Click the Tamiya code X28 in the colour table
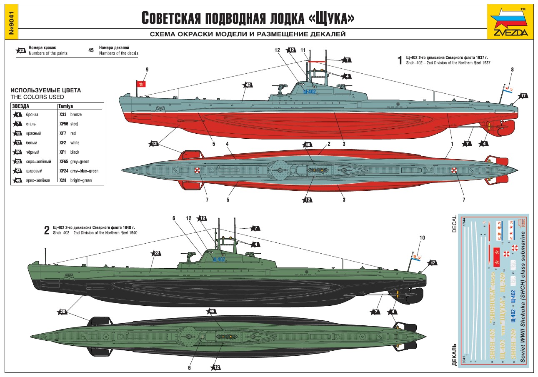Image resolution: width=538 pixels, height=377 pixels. click(x=63, y=180)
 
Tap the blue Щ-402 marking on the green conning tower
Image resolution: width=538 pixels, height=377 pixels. click(x=218, y=259)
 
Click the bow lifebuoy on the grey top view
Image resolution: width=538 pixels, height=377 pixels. click(x=455, y=170)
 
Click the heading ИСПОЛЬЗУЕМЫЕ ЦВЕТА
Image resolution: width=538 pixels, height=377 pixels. click(x=46, y=90)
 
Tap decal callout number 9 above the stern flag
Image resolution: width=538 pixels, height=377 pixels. click(x=146, y=69)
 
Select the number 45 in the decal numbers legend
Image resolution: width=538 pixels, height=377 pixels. click(x=91, y=50)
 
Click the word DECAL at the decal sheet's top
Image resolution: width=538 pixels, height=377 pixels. click(x=455, y=225)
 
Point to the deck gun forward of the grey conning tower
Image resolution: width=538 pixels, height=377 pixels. click(x=280, y=87)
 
